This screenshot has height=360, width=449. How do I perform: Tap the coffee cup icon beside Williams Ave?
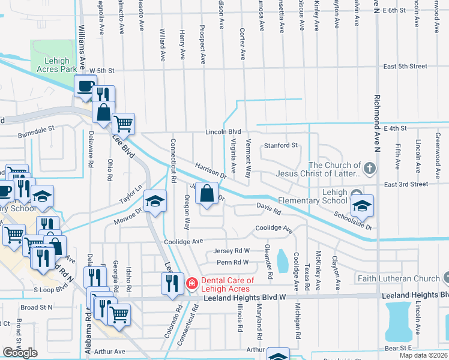85,86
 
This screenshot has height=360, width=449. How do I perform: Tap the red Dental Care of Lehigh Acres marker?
191,283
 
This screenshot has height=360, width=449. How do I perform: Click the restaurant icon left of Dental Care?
172,283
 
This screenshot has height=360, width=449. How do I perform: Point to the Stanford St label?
281,145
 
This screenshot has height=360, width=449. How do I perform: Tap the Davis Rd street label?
269,209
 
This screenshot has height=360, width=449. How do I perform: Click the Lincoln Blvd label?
223,131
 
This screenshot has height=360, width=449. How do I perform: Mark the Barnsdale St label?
35,128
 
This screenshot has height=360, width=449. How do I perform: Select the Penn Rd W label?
232,262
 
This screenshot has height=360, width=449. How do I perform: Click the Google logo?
20,352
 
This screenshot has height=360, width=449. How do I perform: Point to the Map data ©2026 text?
423,355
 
